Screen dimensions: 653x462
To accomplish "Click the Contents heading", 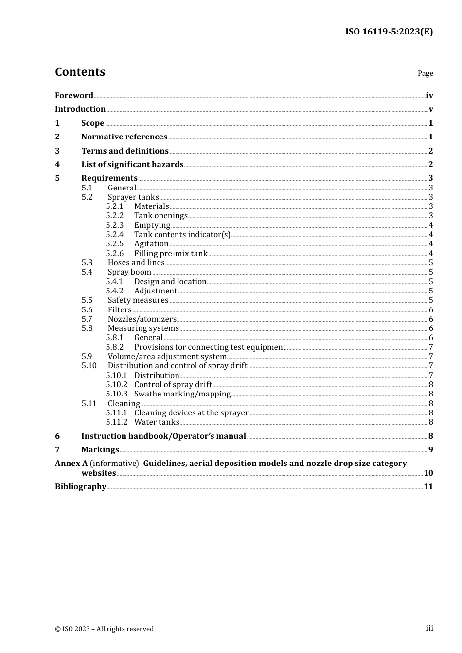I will click(x=80, y=72).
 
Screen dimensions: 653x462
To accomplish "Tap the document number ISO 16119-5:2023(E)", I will click(x=389, y=32).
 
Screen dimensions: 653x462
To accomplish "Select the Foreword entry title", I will click(x=74, y=95).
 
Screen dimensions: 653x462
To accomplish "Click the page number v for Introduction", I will click(x=430, y=109).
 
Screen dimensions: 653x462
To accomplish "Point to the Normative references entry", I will click(x=124, y=137).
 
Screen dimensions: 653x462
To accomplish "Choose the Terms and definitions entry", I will click(x=125, y=151).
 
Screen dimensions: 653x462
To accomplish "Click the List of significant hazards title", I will click(x=132, y=164).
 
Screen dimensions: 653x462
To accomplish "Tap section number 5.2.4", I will click(x=115, y=235).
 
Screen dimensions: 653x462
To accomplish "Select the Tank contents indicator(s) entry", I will click(x=182, y=235).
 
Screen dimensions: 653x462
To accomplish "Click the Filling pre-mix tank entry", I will click(x=171, y=253).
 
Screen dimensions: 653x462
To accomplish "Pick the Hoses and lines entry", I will click(x=136, y=263).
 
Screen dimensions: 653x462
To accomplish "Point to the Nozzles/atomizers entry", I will click(x=142, y=319).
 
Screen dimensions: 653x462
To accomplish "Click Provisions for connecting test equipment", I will click(x=210, y=347).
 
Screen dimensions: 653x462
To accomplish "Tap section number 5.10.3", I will click(x=117, y=394).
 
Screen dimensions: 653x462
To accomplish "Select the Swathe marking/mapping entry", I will click(x=182, y=394).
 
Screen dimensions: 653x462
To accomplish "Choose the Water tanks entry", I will click(x=157, y=422).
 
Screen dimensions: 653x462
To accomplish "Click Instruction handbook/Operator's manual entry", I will click(x=163, y=436).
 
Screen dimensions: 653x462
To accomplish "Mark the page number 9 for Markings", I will click(x=430, y=450).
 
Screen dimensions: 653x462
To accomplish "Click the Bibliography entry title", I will click(x=80, y=487).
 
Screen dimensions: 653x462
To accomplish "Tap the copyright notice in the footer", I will click(x=104, y=629).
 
